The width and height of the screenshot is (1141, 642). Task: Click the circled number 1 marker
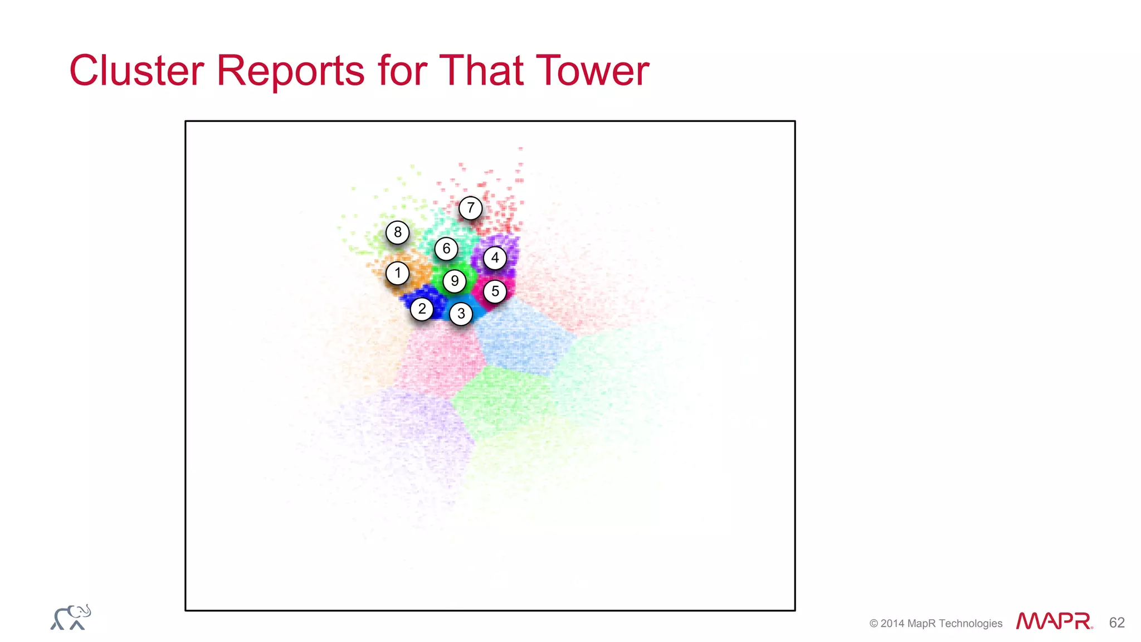click(397, 273)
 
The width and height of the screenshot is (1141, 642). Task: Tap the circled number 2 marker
click(422, 309)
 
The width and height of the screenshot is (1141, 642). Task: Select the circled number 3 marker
click(461, 314)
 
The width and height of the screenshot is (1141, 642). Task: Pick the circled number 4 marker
click(495, 258)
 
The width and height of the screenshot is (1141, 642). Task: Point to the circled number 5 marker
click(495, 291)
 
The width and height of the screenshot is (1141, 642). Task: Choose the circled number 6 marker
click(446, 249)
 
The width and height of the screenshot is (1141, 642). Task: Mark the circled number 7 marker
click(471, 208)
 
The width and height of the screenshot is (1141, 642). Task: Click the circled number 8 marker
click(397, 232)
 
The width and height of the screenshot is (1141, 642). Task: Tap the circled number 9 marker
click(455, 281)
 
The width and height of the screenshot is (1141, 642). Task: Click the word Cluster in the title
click(136, 71)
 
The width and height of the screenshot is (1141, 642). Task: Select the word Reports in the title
click(290, 71)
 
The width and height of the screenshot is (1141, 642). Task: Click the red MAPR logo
click(1054, 621)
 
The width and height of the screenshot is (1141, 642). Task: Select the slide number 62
click(1116, 622)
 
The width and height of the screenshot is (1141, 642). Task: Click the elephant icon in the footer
click(71, 617)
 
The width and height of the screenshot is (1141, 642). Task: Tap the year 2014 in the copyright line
click(893, 624)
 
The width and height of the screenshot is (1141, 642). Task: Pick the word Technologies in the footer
click(970, 624)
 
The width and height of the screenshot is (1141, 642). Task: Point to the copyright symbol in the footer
click(874, 624)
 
